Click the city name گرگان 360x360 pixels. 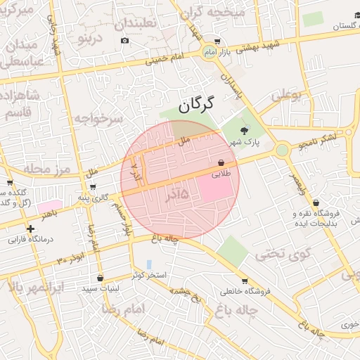pos(195,106)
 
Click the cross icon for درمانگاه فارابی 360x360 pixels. pos(30,229)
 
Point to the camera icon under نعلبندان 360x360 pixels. pos(124,40)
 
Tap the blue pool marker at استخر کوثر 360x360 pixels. pos(148,264)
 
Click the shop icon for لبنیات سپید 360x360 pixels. pos(100,278)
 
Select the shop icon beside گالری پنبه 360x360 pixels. pos(93,187)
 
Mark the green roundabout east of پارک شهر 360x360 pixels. pos(282,150)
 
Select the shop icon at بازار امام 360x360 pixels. pos(217,41)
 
